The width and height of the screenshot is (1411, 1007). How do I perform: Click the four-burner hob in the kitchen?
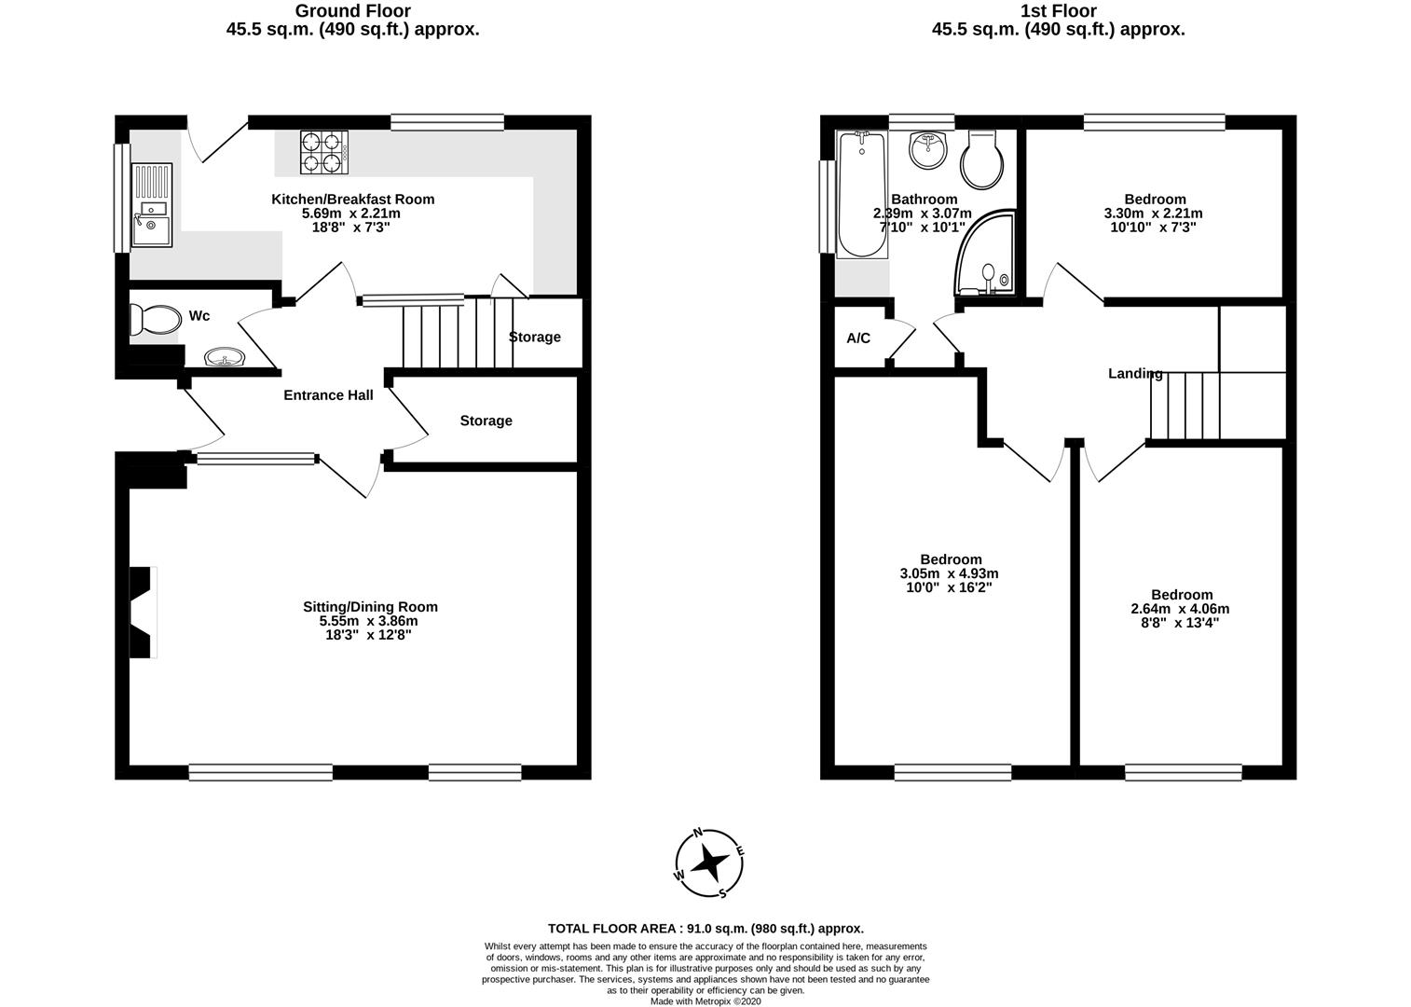coord(323,152)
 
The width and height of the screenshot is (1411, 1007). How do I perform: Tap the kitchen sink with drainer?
coord(151,204)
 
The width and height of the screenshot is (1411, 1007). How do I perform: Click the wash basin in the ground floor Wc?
coord(225,356)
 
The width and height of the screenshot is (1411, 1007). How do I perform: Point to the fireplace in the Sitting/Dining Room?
coord(141,613)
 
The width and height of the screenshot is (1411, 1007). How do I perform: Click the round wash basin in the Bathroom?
coord(926,150)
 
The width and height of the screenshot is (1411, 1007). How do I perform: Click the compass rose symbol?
coord(709,863)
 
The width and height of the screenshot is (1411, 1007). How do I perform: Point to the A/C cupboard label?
coord(858,338)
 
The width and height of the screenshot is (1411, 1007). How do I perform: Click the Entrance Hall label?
coord(328,395)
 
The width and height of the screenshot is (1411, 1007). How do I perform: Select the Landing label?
coord(1134,374)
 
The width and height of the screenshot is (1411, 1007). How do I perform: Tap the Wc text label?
coord(199,316)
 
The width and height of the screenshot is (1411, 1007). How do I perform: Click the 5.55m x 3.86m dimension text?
coord(368,621)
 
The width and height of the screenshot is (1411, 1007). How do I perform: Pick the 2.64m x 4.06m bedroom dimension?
coord(1181,609)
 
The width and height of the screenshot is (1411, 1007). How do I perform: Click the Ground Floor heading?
coord(352,11)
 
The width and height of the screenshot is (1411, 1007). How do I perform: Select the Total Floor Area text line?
coord(705,928)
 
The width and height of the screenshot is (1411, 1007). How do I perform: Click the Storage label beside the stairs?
coord(535,337)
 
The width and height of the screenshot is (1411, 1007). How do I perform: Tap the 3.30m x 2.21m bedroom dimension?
coord(1155,213)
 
